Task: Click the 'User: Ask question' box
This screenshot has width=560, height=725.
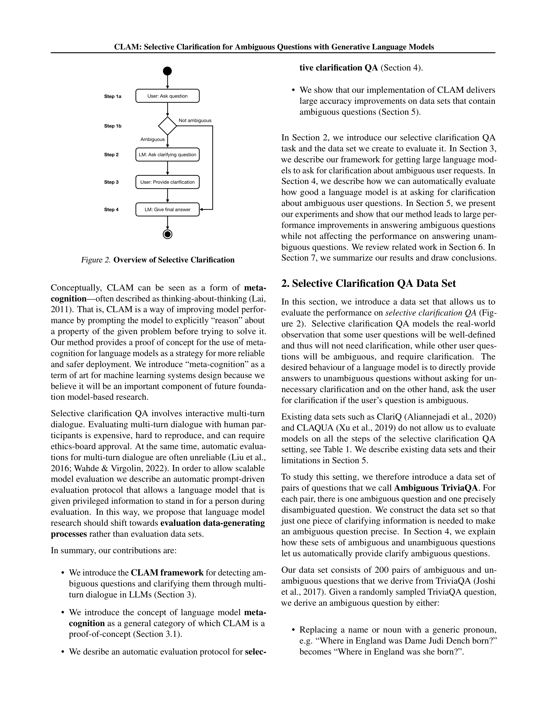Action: pos(167,96)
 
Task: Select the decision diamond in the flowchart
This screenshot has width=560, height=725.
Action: pos(167,126)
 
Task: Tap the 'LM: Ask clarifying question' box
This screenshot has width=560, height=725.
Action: pos(167,155)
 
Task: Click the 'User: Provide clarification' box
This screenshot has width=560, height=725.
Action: pos(167,182)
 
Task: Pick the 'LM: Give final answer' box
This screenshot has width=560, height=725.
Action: pos(167,209)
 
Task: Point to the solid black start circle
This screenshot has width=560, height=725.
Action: pos(167,71)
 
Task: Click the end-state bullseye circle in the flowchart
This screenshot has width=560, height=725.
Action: pos(167,234)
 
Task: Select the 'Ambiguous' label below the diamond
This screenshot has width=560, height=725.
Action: pos(152,139)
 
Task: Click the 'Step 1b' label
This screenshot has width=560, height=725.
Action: pos(113,126)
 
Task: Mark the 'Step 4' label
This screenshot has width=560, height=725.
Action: pos(111,209)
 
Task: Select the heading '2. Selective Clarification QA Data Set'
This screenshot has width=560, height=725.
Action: pos(368,283)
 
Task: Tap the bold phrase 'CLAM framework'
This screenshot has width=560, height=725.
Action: pos(167,573)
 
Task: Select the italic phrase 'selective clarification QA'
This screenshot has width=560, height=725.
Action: pos(431,313)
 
